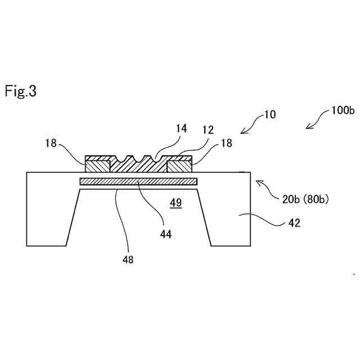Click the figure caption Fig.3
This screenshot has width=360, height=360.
21,91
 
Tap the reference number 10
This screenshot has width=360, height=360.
271,115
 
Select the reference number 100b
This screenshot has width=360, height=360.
343,111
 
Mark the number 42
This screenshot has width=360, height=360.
294,223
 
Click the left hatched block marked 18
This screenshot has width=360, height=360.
97,166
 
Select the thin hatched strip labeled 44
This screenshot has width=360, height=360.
138,182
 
